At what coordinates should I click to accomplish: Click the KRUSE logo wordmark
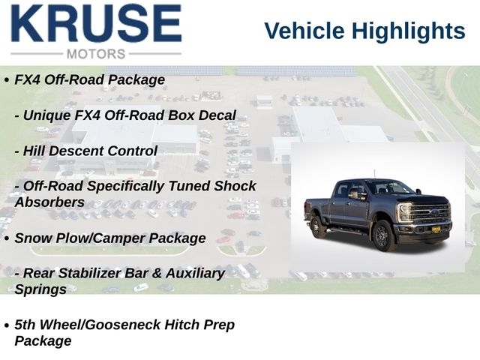(x=97, y=23)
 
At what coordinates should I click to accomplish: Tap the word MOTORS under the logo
(x=96, y=54)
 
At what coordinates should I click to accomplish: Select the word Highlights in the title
(x=408, y=31)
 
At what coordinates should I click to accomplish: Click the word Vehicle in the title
(x=304, y=31)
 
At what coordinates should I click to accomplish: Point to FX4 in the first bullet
(x=28, y=80)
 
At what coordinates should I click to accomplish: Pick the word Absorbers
(x=49, y=202)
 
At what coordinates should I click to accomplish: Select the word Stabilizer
(x=91, y=273)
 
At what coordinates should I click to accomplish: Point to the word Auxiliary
(x=195, y=273)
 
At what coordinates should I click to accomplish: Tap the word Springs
(x=40, y=290)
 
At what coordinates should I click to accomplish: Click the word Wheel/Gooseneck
(x=100, y=325)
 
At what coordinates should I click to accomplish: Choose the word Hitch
(x=182, y=325)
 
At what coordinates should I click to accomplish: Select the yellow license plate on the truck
(x=436, y=229)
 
